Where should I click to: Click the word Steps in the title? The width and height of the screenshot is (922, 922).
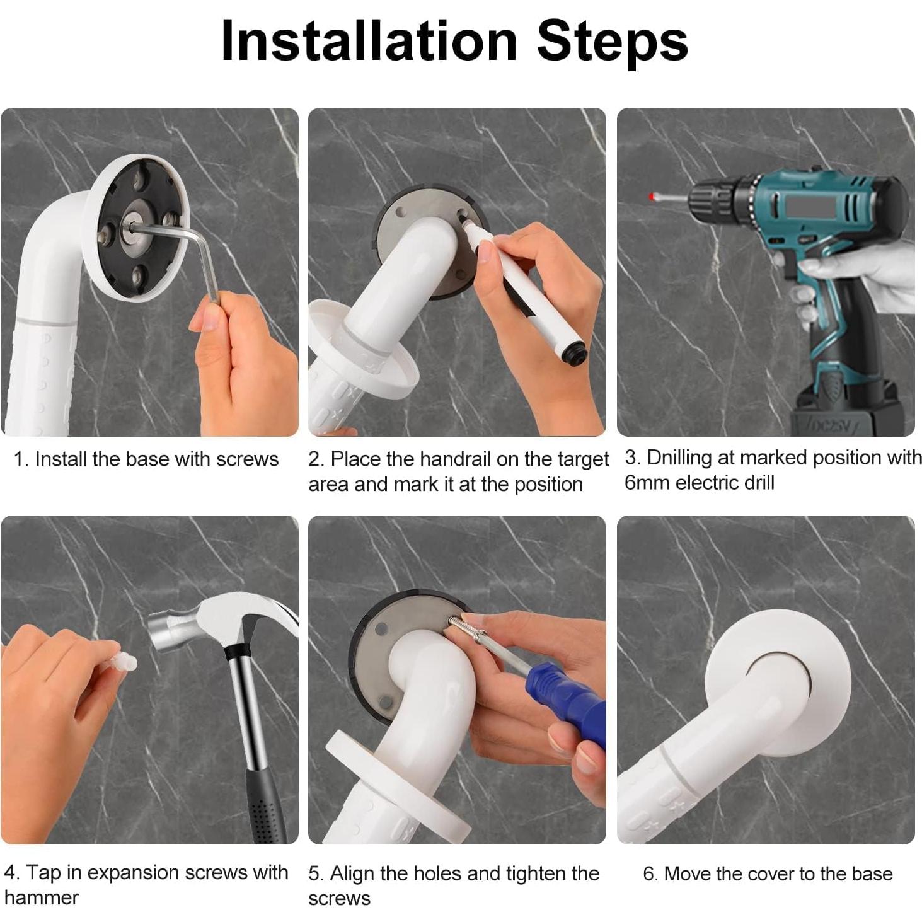[x=613, y=45]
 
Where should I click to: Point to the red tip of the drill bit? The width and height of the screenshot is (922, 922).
[x=651, y=196]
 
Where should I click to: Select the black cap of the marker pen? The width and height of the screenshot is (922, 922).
[x=573, y=353]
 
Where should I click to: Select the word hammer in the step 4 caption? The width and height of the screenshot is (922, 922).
[x=41, y=897]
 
